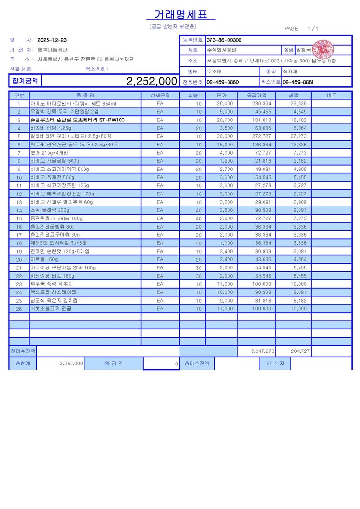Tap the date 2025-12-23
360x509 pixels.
coord(52,40)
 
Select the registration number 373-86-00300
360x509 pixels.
coord(224,40)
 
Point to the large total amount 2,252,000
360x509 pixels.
coord(152,81)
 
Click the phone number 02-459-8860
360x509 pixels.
coord(223,82)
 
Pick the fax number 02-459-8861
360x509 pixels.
coord(298,82)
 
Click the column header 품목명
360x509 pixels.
coord(85,95)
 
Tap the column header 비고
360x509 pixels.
coord(331,95)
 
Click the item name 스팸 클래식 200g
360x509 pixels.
coord(50,210)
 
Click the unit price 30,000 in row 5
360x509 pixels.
coord(225,136)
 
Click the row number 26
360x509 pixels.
coord(19,309)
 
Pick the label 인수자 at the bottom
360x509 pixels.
coord(275,364)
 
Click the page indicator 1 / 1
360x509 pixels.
coord(312,29)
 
